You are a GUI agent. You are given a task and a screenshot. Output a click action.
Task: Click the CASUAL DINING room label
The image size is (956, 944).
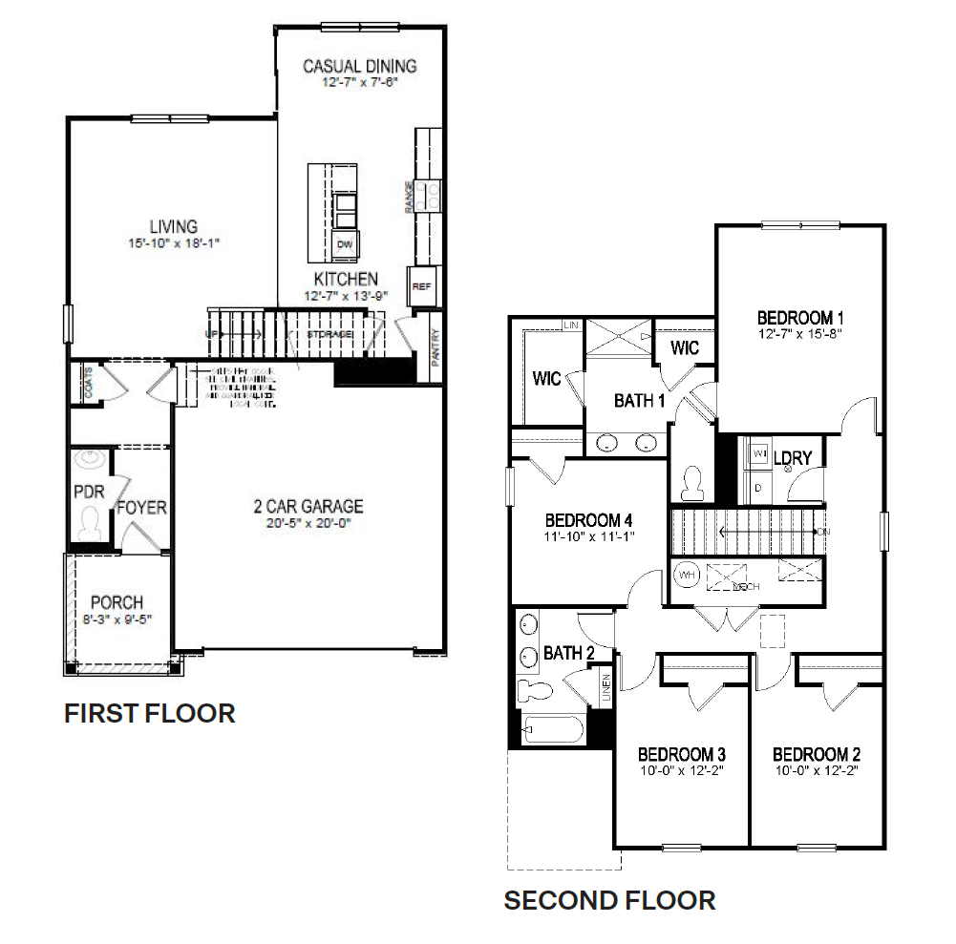pyautogui.click(x=359, y=66)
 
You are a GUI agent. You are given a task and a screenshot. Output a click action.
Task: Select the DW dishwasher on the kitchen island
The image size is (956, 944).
pyautogui.click(x=344, y=245)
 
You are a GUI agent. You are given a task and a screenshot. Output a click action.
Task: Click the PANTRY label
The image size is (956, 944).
pyautogui.click(x=436, y=347)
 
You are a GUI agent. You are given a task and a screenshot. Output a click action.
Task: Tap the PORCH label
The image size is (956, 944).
pyautogui.click(x=117, y=602)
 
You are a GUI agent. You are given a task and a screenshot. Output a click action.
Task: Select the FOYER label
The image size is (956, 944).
pyautogui.click(x=141, y=508)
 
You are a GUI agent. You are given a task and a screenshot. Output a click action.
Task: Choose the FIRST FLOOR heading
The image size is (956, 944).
pyautogui.click(x=149, y=713)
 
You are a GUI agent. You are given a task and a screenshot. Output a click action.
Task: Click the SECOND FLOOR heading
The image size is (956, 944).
pyautogui.click(x=609, y=899)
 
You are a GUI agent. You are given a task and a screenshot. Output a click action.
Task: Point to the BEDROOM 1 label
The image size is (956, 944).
pyautogui.click(x=800, y=318)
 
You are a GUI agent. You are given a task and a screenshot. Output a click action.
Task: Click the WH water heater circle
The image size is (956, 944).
pyautogui.click(x=687, y=576)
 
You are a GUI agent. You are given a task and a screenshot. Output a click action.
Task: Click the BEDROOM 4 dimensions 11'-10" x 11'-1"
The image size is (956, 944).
pyautogui.click(x=589, y=536)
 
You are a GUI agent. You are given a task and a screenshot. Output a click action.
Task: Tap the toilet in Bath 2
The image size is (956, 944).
pyautogui.click(x=533, y=690)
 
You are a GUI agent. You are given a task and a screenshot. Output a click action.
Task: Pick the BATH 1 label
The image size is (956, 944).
pyautogui.click(x=639, y=400)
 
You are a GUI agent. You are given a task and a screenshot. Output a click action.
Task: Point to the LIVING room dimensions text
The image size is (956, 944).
pyautogui.click(x=173, y=243)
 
